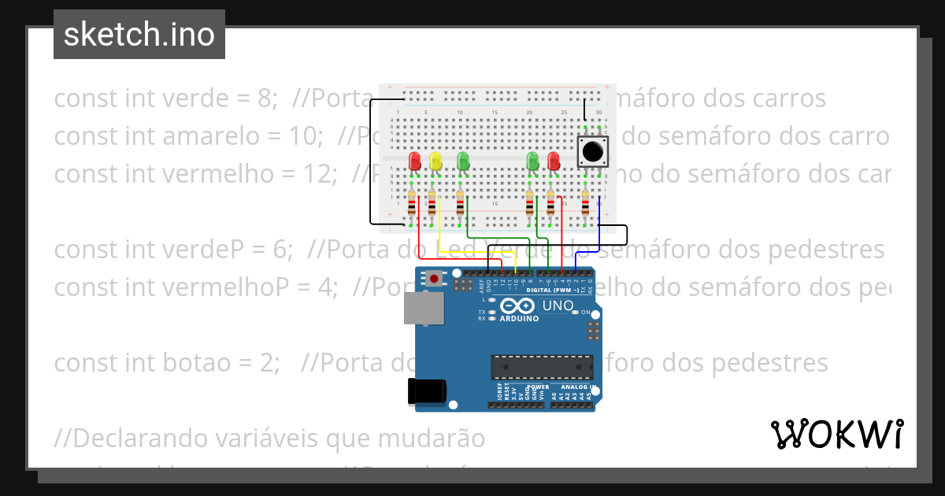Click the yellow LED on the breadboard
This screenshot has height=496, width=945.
pos(435,161)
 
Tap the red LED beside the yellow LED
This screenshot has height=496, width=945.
pos(415,161)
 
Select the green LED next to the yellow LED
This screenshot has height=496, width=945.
pos(463,161)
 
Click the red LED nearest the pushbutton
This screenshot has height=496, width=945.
pos(554,161)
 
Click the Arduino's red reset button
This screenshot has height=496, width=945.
pos(433,279)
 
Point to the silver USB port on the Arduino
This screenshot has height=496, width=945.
pos(423,308)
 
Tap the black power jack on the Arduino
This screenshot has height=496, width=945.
pos(427,391)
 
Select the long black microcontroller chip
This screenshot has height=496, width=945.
pos(542,367)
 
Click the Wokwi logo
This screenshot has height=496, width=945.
pos(836,434)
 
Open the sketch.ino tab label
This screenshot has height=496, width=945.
pos(139,35)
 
